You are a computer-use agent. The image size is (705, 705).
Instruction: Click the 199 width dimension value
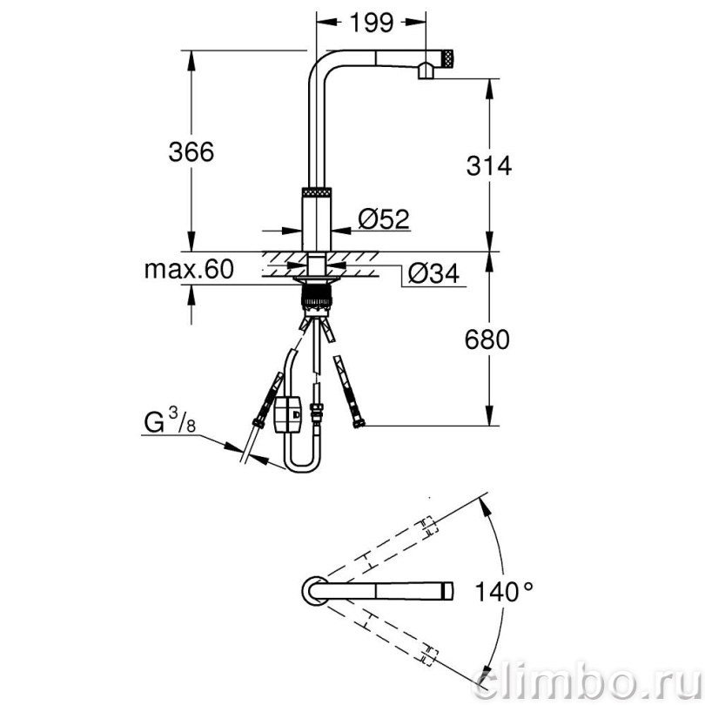click(372, 23)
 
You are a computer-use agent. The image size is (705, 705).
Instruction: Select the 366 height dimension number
click(191, 151)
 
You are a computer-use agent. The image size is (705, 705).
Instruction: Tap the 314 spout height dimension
click(489, 165)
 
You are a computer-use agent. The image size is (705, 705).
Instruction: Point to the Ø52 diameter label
click(384, 218)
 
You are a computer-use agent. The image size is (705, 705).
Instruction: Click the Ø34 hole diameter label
click(434, 273)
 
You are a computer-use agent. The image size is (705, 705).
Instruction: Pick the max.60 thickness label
click(189, 269)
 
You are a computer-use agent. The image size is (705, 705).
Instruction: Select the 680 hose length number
click(487, 339)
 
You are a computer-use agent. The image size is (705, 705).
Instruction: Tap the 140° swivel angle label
click(504, 591)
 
